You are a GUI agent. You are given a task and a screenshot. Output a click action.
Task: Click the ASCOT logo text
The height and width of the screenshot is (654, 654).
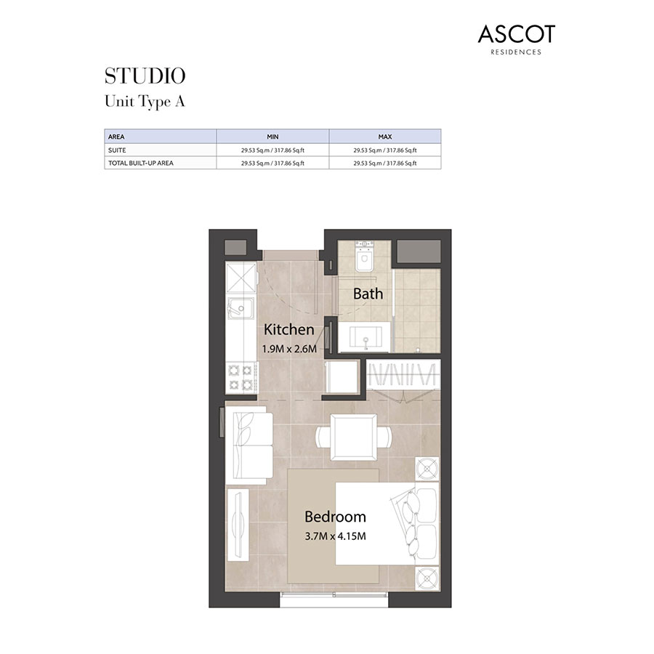coord(516,34)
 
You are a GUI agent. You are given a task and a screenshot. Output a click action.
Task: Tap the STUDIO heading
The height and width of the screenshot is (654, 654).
coord(145,76)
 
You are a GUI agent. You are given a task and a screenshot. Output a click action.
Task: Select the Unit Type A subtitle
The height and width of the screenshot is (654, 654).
coord(145,101)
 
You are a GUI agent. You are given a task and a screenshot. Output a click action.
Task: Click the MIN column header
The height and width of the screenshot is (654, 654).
coord(272,137)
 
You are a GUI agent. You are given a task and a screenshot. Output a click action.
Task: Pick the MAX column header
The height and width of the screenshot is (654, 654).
coord(384,137)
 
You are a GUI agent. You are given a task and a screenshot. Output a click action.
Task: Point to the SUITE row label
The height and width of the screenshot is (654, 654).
coord(118,150)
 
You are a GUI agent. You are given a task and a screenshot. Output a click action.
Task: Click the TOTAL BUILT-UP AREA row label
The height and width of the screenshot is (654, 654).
coord(141,163)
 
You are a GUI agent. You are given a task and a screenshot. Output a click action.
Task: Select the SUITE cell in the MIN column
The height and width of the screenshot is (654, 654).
coord(272,150)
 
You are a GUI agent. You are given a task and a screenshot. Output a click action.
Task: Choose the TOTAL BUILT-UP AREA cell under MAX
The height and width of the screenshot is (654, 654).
coord(384,163)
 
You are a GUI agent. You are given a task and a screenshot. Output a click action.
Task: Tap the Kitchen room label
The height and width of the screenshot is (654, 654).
coord(288,329)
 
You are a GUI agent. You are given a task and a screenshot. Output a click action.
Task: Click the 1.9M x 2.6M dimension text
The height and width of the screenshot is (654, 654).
coord(289,348)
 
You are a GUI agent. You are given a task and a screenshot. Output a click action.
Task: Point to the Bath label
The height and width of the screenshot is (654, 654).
coord(368,294)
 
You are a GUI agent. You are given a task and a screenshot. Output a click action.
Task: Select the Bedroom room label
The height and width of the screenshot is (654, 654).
coord(335,517)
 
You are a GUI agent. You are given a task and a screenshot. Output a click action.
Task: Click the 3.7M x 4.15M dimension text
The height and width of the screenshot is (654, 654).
coord(334,537)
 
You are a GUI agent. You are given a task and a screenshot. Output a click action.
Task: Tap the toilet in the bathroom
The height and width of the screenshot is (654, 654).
coord(363,257)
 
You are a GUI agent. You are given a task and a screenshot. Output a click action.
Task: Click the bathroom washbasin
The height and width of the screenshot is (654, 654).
coord(363,338)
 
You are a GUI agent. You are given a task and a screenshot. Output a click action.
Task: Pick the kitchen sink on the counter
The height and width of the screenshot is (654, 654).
coord(239,309)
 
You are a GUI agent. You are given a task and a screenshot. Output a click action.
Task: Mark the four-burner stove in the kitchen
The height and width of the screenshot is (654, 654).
coord(241,376)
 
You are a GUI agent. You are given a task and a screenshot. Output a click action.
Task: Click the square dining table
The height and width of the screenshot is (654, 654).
coord(353,437)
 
